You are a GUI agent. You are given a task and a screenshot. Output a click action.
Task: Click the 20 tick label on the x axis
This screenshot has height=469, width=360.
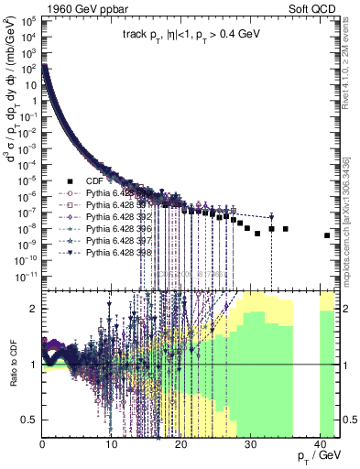pyautogui.click(x=180, y=446)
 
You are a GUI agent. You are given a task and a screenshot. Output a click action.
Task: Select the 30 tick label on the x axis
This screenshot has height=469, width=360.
pyautogui.click(x=248, y=446)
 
